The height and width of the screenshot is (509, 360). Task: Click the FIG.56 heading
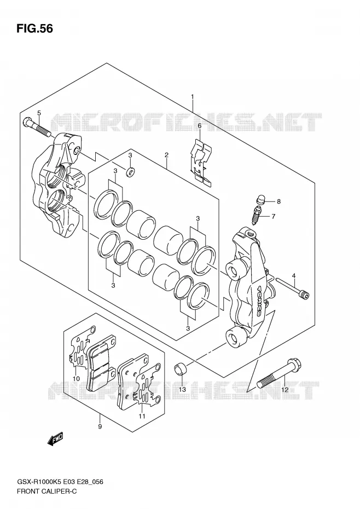point(34,28)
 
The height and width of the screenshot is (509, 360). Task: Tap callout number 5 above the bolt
point(39,113)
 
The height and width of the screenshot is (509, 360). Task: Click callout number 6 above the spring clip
point(199,126)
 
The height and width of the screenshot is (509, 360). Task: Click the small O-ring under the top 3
point(131,172)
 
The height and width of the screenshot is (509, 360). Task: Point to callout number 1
point(193,96)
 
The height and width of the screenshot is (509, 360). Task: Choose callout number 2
point(166,155)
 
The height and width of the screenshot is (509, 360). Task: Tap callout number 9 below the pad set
point(100,426)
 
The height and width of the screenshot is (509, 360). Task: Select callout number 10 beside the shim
point(76,379)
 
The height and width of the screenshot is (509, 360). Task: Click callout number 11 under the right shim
point(142,416)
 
